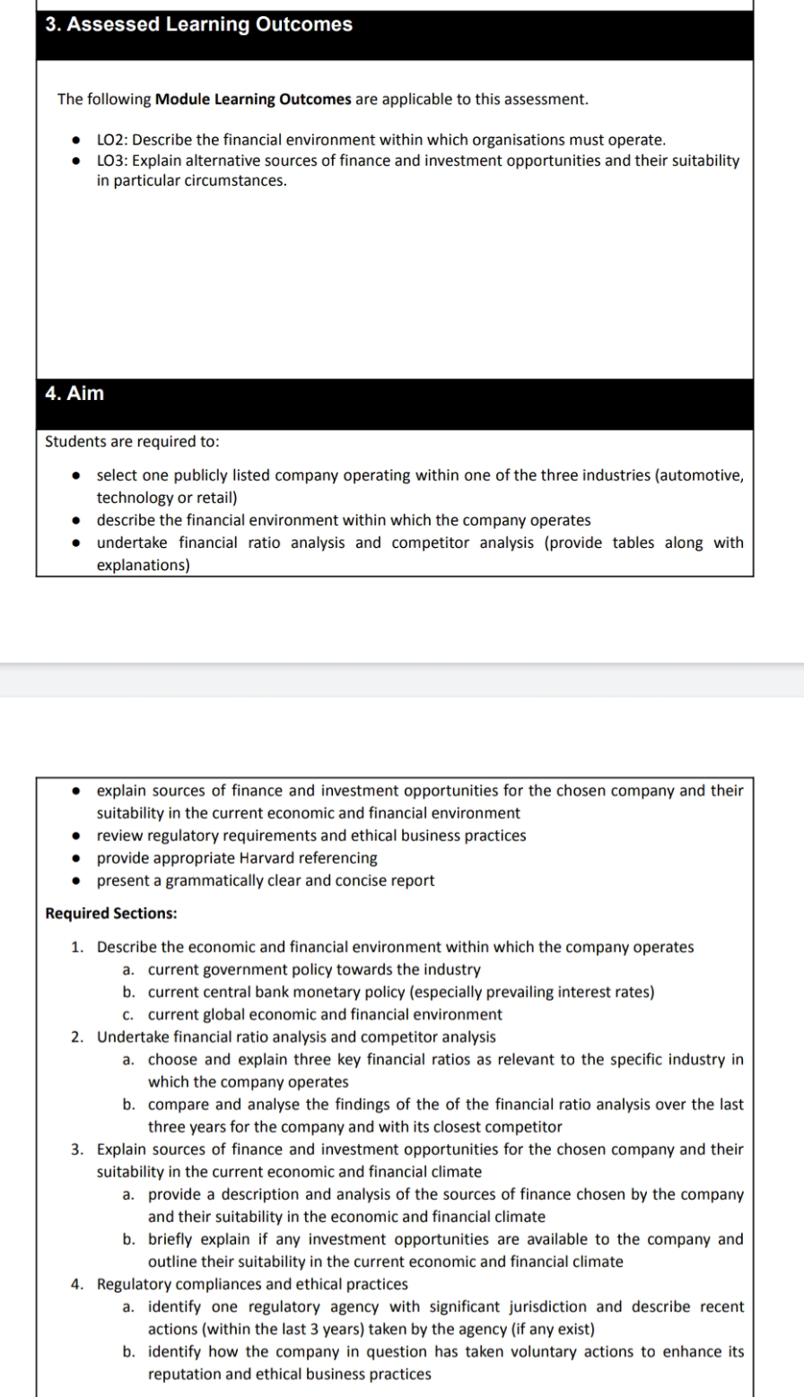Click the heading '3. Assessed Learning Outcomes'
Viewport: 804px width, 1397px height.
pyautogui.click(x=198, y=25)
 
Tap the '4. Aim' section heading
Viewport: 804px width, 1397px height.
pyautogui.click(x=74, y=394)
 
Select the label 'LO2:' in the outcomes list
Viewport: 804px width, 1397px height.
pyautogui.click(x=112, y=140)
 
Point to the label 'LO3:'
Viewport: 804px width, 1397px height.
pyautogui.click(x=112, y=161)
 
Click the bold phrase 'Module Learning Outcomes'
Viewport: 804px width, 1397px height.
pyautogui.click(x=253, y=99)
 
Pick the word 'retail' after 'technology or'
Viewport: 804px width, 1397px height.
pyautogui.click(x=215, y=498)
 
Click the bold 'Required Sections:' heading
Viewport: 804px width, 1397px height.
pyautogui.click(x=111, y=914)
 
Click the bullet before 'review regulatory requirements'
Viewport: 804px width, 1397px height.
pyautogui.click(x=78, y=836)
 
